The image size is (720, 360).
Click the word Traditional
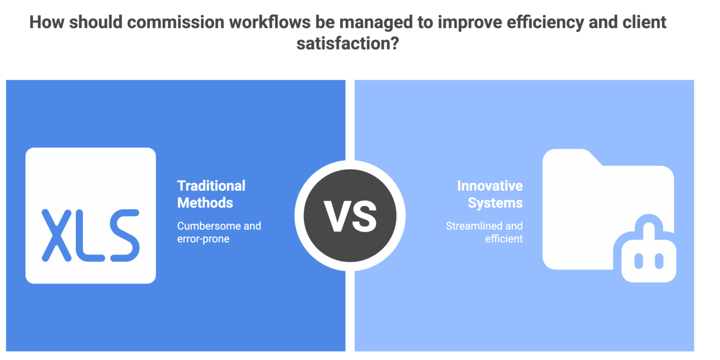(x=211, y=186)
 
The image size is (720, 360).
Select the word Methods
(x=205, y=202)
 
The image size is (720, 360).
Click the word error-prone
(x=203, y=239)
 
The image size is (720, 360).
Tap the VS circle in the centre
(x=350, y=216)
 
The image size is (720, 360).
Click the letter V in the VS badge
(x=335, y=216)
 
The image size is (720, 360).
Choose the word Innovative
(x=489, y=186)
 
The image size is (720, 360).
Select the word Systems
(x=495, y=202)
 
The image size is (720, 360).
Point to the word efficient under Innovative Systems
(x=503, y=239)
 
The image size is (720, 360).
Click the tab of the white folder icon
(x=570, y=156)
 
